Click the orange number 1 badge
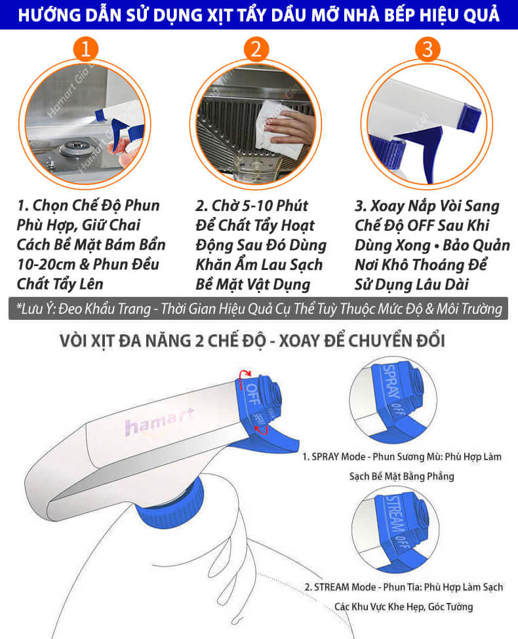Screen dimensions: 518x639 point(86,49)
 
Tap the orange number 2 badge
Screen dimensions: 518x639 point(256,49)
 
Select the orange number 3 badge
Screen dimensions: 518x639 point(427,49)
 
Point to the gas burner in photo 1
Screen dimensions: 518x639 point(75,147)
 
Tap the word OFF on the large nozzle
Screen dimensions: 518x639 point(252,394)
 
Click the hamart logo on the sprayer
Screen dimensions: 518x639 point(159,421)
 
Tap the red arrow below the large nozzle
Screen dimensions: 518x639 point(262,429)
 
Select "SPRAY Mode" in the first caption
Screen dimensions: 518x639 point(338,457)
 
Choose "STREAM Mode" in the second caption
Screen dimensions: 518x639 point(345,587)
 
